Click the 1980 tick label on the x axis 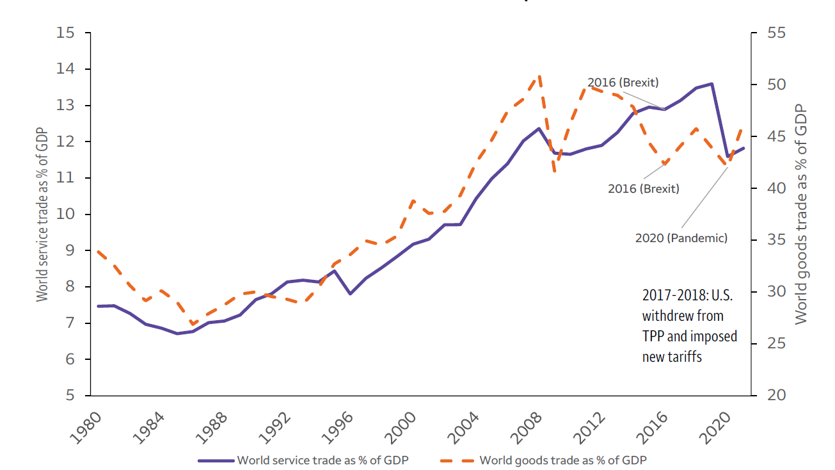click(86, 428)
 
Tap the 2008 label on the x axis click(525, 428)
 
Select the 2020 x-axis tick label click(715, 428)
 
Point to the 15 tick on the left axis click(65, 33)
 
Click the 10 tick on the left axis click(65, 214)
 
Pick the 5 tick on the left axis click(70, 395)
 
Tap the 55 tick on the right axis click(777, 33)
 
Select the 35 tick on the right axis click(777, 239)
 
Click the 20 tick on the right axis click(777, 395)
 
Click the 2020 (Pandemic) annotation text click(681, 238)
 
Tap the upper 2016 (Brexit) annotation click(623, 83)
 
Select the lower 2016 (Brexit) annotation click(644, 189)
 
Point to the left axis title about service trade click(42, 215)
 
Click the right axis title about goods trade click(800, 215)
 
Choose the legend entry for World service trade click(303, 460)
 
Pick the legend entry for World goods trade click(543, 460)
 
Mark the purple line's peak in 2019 click(712, 84)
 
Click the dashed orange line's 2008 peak click(539, 77)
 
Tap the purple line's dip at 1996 click(350, 293)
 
